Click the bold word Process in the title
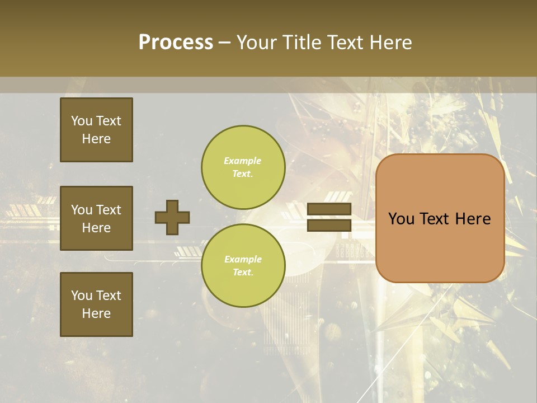click(176, 43)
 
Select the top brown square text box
click(96, 130)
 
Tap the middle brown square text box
click(96, 218)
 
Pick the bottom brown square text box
click(96, 304)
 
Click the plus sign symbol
click(172, 217)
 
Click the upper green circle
click(243, 167)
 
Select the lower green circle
click(243, 266)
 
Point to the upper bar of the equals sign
click(329, 209)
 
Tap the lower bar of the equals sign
click(329, 225)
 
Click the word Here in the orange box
click(473, 219)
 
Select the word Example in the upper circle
click(242, 161)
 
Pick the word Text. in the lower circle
click(243, 273)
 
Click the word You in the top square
click(82, 121)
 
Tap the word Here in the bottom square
click(96, 313)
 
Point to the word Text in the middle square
click(109, 210)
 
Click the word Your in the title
click(258, 43)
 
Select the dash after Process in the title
click(224, 43)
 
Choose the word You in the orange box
click(401, 219)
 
